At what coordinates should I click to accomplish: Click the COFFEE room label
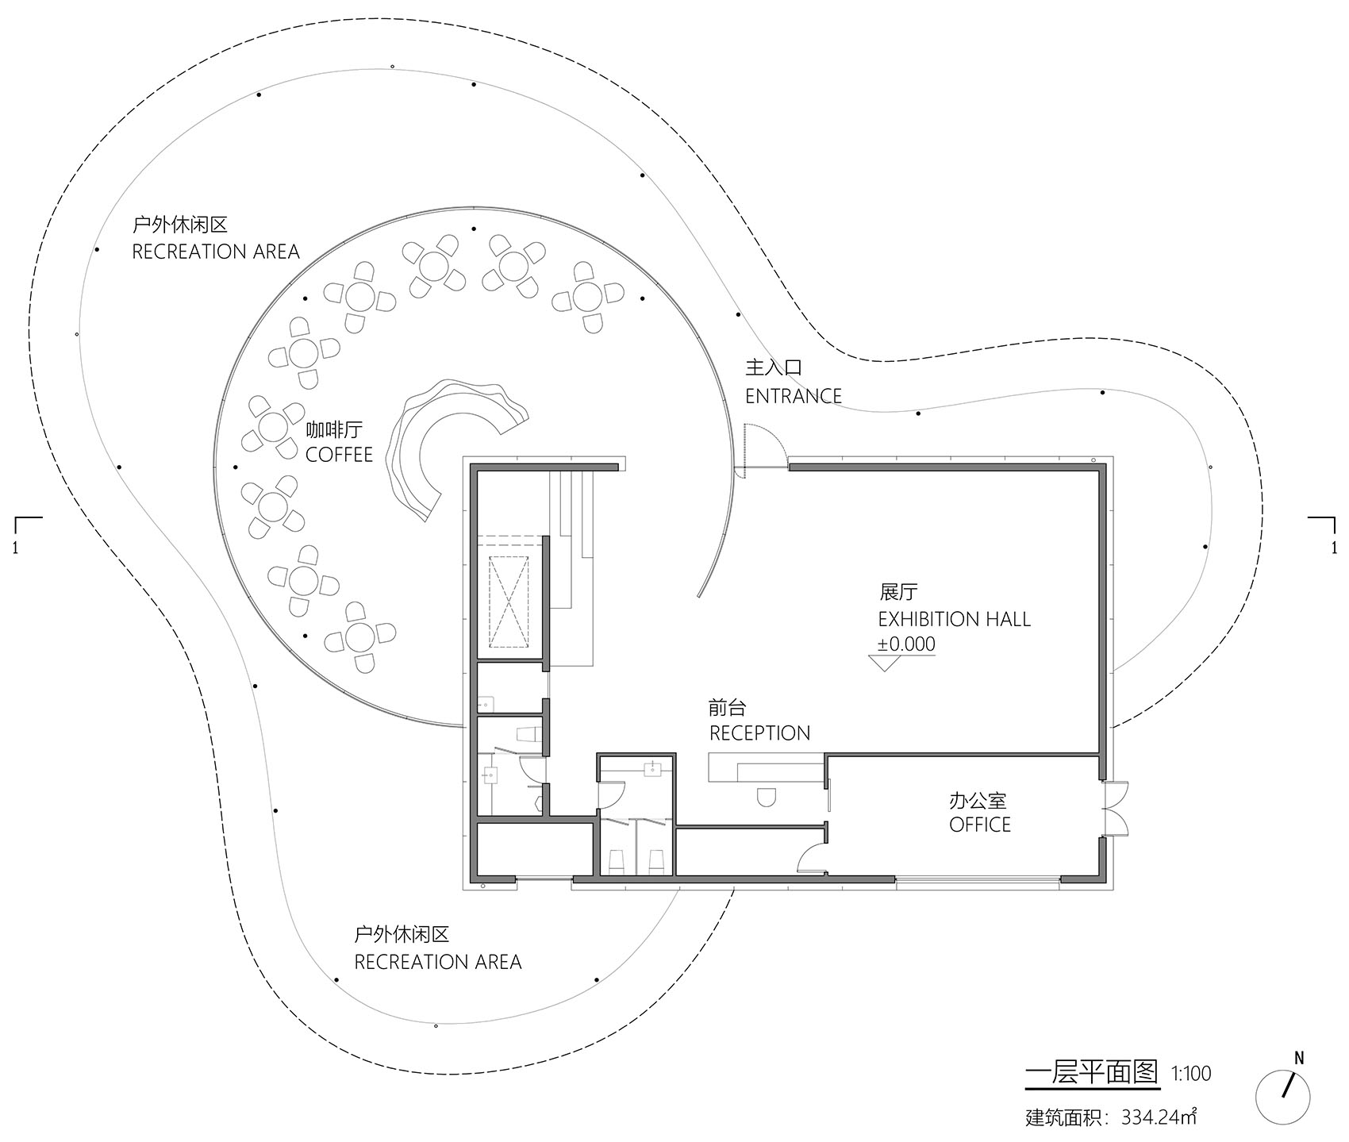click(x=339, y=455)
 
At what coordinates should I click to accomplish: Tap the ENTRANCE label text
click(x=793, y=395)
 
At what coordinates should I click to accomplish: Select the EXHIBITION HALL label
click(x=954, y=619)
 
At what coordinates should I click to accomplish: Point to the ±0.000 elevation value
click(x=906, y=644)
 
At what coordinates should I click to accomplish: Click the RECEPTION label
click(x=759, y=732)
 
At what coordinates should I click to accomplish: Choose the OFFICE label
click(x=980, y=825)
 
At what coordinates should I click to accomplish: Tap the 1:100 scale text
click(x=1191, y=1074)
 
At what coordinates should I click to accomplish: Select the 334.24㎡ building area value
click(x=1159, y=1117)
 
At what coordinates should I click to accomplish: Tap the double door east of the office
click(x=1116, y=808)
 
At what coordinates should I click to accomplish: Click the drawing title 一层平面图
click(x=1092, y=1073)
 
